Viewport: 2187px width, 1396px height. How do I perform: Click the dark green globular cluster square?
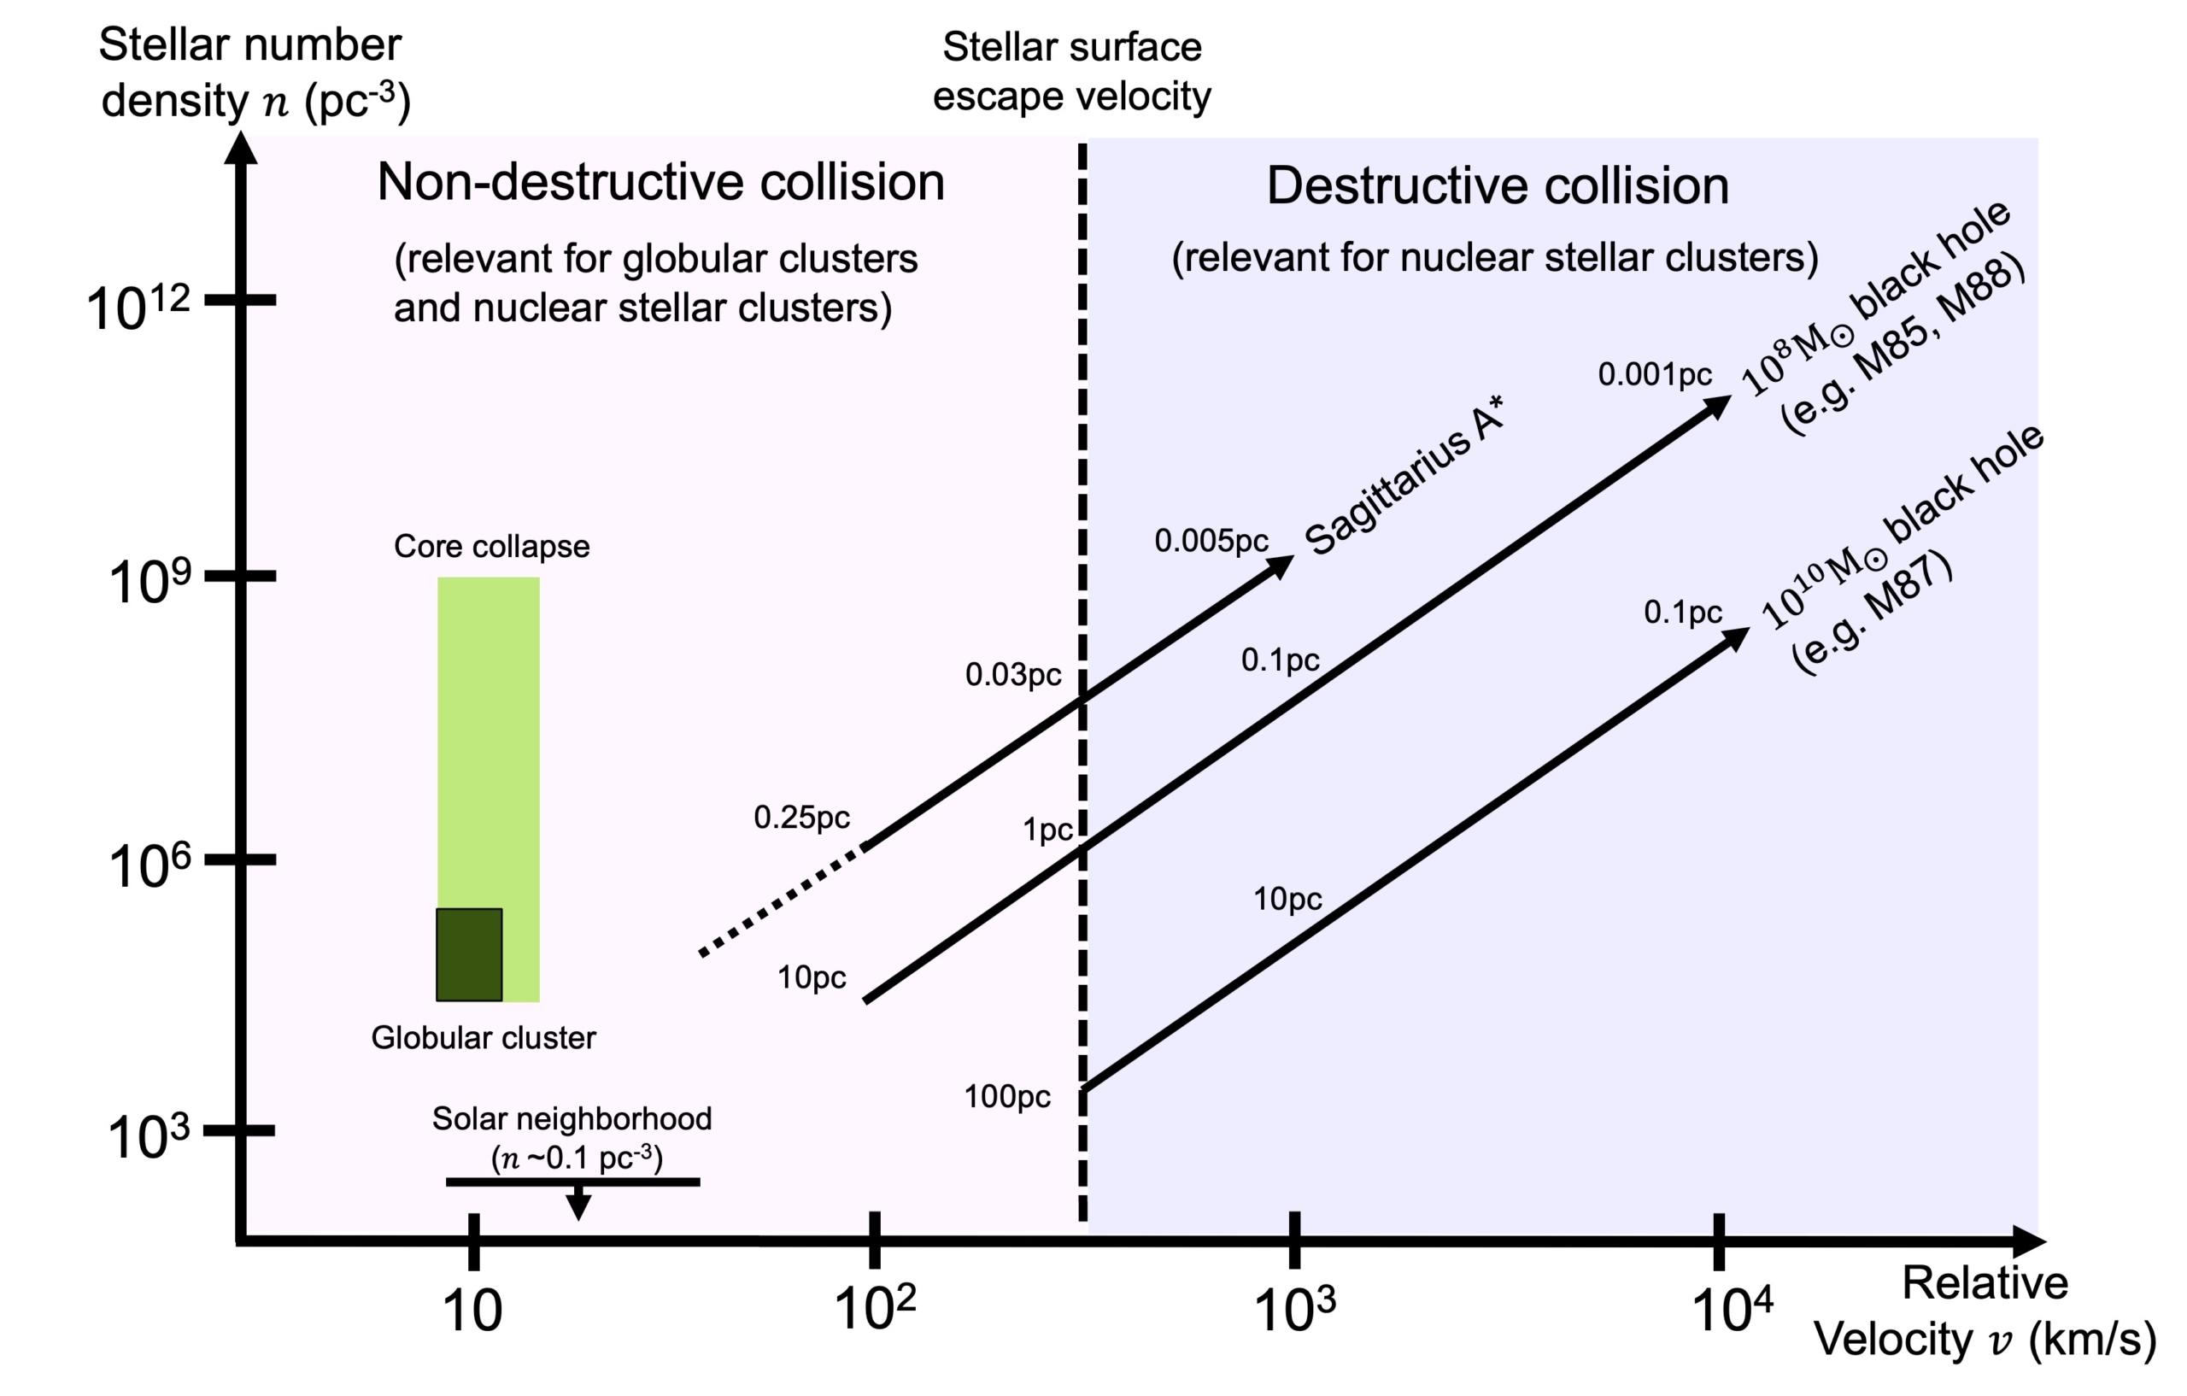pyautogui.click(x=470, y=954)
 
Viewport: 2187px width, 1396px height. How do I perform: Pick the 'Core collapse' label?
pyautogui.click(x=491, y=547)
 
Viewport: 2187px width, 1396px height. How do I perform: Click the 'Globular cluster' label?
pyautogui.click(x=484, y=1038)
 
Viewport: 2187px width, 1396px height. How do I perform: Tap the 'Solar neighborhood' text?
pyautogui.click(x=572, y=1119)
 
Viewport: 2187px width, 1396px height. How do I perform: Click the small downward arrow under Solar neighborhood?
pyautogui.click(x=578, y=1205)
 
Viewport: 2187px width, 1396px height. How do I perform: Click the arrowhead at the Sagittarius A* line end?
pyautogui.click(x=1281, y=566)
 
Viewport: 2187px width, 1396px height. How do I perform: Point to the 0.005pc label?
pyautogui.click(x=1211, y=542)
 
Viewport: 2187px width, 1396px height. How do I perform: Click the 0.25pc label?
pyautogui.click(x=801, y=818)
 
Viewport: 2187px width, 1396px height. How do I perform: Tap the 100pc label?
pyautogui.click(x=1006, y=1097)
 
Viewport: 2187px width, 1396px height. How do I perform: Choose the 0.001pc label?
pyautogui.click(x=1654, y=374)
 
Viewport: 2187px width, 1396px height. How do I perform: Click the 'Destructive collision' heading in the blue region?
pyautogui.click(x=1497, y=186)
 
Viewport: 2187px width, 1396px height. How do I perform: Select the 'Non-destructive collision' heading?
pyautogui.click(x=660, y=183)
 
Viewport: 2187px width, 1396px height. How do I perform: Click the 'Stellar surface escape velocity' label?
pyautogui.click(x=1071, y=72)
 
